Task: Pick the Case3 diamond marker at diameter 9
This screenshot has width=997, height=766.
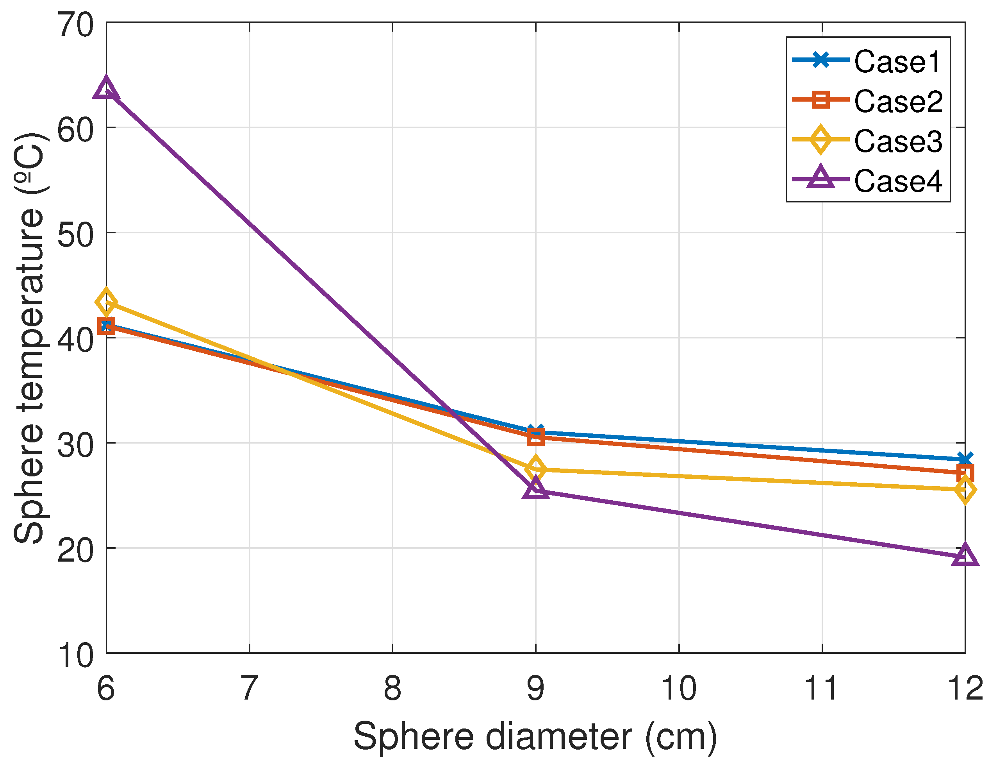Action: [x=535, y=468]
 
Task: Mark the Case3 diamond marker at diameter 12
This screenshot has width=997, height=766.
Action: [x=965, y=490]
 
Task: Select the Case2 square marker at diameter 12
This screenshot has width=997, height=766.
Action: [x=965, y=473]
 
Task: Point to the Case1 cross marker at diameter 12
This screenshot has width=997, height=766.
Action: [x=965, y=459]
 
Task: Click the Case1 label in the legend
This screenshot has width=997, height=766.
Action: [x=897, y=62]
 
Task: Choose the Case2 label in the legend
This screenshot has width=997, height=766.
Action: [x=898, y=101]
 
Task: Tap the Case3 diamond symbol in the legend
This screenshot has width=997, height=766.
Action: [x=820, y=139]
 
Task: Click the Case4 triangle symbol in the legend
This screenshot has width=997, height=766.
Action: [x=820, y=178]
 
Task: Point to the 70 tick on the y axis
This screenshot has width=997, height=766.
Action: [x=76, y=25]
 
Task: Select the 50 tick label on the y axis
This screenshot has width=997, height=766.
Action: [x=76, y=235]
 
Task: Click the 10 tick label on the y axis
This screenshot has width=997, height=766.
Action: [x=76, y=656]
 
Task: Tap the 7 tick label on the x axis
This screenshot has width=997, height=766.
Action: [x=249, y=687]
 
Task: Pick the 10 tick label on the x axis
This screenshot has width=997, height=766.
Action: [x=678, y=687]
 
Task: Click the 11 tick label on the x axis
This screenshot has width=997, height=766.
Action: [x=821, y=687]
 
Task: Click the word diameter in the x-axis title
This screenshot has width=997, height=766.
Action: [x=558, y=736]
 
